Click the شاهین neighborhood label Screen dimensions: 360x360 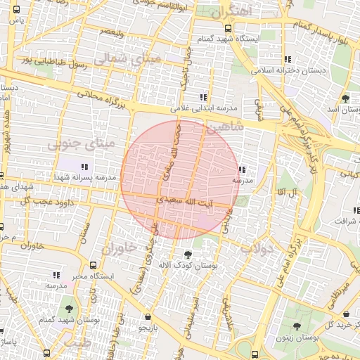226,127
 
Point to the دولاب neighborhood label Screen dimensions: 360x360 257,248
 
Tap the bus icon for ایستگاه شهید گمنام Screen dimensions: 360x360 228,28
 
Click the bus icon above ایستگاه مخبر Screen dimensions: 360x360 94,266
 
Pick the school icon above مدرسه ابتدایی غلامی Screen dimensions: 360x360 204,97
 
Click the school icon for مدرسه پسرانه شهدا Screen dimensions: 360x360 85,167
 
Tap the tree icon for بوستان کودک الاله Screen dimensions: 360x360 187,254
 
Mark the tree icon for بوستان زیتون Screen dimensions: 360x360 297,327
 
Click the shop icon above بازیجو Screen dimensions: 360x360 147,316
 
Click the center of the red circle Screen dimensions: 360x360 180,180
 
